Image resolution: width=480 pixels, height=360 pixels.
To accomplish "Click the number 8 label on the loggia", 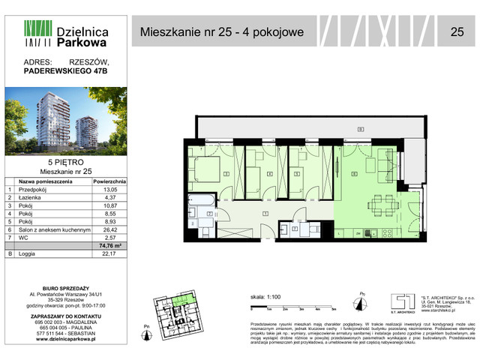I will coord(360,129).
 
